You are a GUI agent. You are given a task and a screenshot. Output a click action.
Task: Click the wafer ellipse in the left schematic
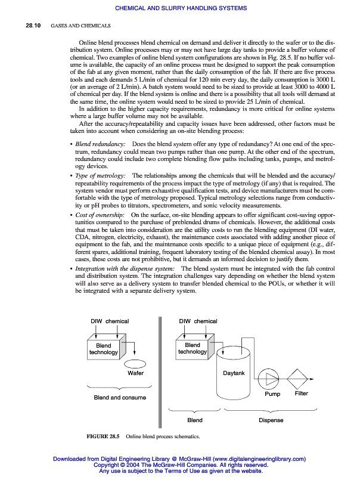point(135,363)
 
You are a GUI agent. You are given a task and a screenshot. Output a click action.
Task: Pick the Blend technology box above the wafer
point(105,348)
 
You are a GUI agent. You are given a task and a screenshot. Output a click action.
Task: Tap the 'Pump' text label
point(272,394)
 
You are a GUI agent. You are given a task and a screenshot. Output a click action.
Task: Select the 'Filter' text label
point(302,394)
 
